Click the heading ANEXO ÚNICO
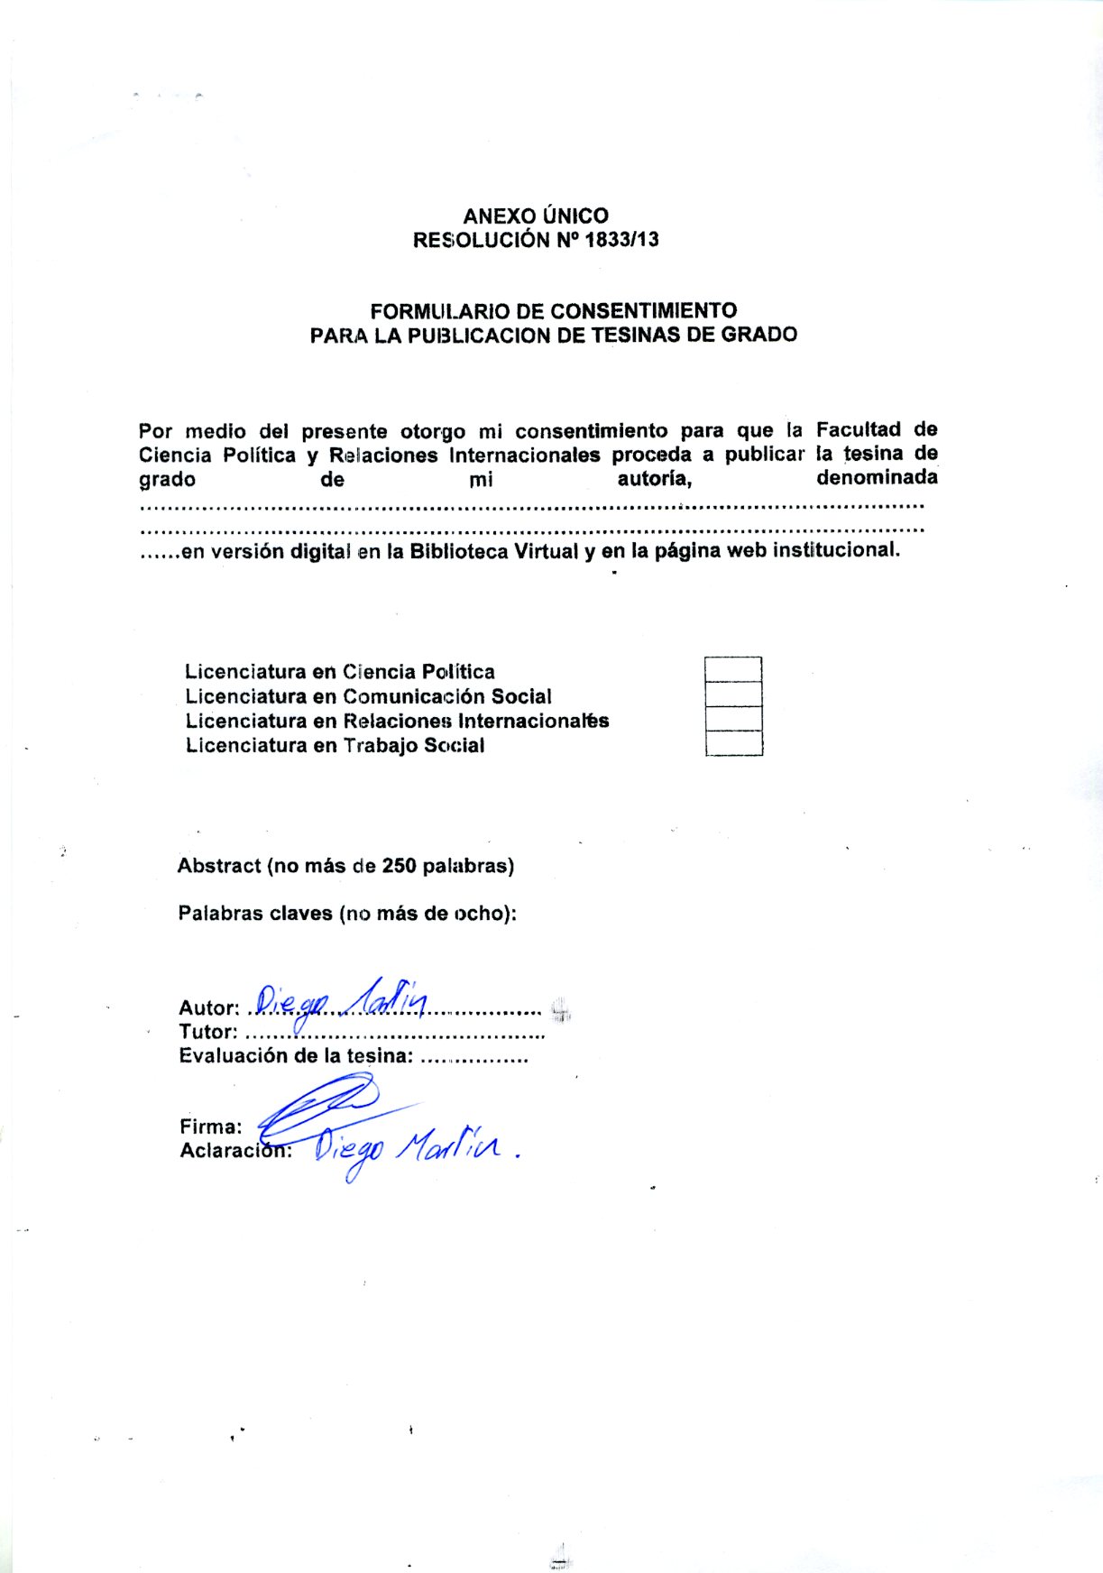tap(536, 216)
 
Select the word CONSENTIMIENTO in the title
tap(643, 311)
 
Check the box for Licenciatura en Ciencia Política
tap(733, 669)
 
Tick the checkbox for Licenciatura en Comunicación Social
tap(733, 695)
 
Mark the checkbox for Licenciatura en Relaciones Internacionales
tap(733, 719)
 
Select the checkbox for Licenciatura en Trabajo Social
tap(733, 743)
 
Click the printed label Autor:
tap(209, 1008)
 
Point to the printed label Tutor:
tap(208, 1032)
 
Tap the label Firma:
tap(211, 1127)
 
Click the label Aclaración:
tap(235, 1151)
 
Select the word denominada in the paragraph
tap(877, 477)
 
